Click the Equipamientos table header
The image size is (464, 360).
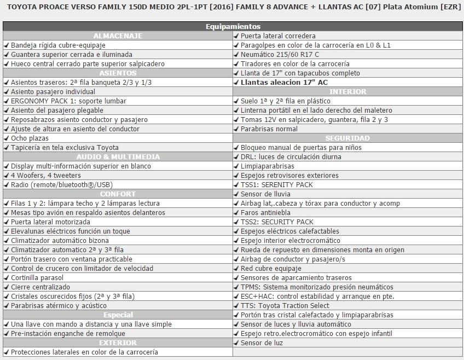233,26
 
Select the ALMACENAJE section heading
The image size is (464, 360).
118,36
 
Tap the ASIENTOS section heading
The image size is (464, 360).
118,73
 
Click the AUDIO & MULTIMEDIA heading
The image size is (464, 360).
118,156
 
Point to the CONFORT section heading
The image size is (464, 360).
118,194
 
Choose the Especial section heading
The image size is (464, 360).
118,315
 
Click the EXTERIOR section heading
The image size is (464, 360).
118,342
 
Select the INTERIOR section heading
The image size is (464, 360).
348,91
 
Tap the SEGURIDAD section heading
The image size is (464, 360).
348,138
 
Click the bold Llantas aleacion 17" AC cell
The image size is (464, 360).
284,82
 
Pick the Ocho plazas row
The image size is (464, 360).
30,138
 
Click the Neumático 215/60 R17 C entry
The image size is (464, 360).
280,54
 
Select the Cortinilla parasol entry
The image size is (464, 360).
37,277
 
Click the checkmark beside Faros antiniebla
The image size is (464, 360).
236,212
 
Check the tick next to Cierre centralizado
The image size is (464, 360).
6,287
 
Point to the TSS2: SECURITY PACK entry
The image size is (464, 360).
277,222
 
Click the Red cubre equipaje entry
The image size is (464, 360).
271,268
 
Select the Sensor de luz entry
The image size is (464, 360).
263,342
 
